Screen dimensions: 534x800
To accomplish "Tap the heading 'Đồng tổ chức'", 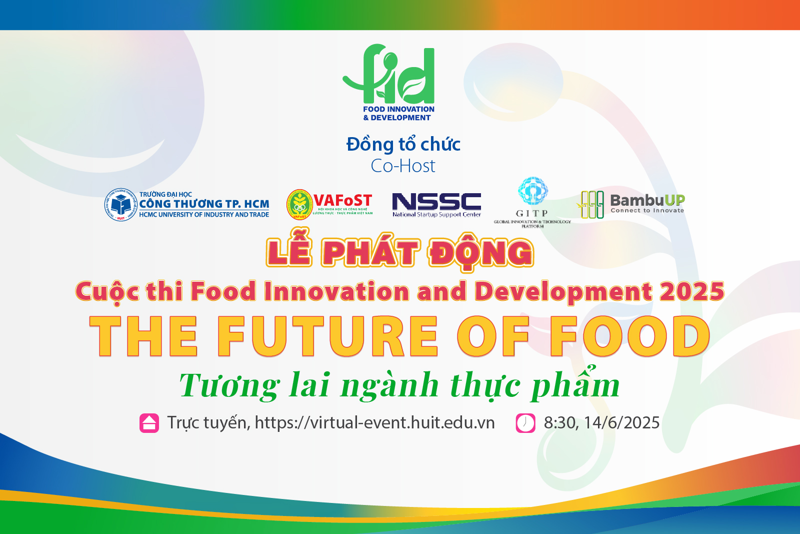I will click(x=403, y=144).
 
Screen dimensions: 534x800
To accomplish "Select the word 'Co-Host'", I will click(x=403, y=166).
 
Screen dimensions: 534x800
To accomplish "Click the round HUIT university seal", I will click(x=120, y=204).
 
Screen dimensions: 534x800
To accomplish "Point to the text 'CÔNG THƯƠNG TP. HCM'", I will click(x=204, y=204).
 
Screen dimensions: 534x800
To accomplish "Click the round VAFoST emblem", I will click(x=299, y=205).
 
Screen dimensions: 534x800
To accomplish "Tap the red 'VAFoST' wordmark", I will click(x=342, y=201).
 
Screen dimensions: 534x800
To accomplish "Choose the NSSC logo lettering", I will click(x=436, y=201).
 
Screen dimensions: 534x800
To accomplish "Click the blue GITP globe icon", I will click(x=532, y=191).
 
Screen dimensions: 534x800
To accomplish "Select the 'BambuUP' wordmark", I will click(x=647, y=200).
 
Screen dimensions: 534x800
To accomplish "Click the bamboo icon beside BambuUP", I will click(x=591, y=204).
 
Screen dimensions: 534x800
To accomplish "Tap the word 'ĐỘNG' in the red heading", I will click(x=480, y=253).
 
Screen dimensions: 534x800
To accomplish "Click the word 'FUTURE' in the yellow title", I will click(x=328, y=336).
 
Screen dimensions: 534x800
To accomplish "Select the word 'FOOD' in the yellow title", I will click(x=629, y=336).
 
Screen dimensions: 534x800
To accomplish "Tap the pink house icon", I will click(x=149, y=423).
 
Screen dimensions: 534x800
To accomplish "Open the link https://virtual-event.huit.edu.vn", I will click(x=374, y=423).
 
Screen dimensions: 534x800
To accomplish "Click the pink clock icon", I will click(x=525, y=423).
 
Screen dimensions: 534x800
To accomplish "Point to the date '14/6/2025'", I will click(x=621, y=423).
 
